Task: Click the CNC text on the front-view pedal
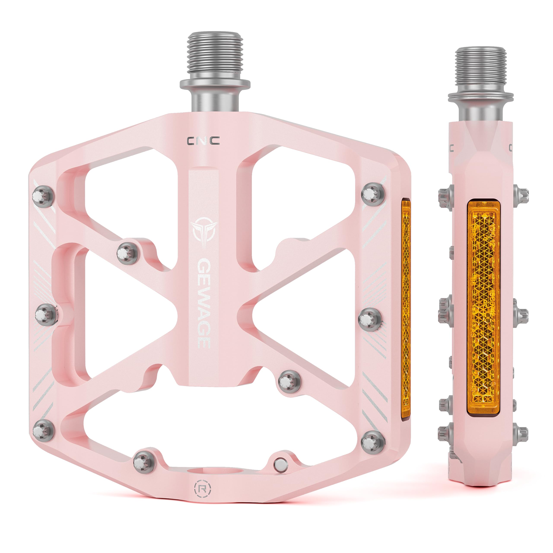203,141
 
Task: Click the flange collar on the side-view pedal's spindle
481,97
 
